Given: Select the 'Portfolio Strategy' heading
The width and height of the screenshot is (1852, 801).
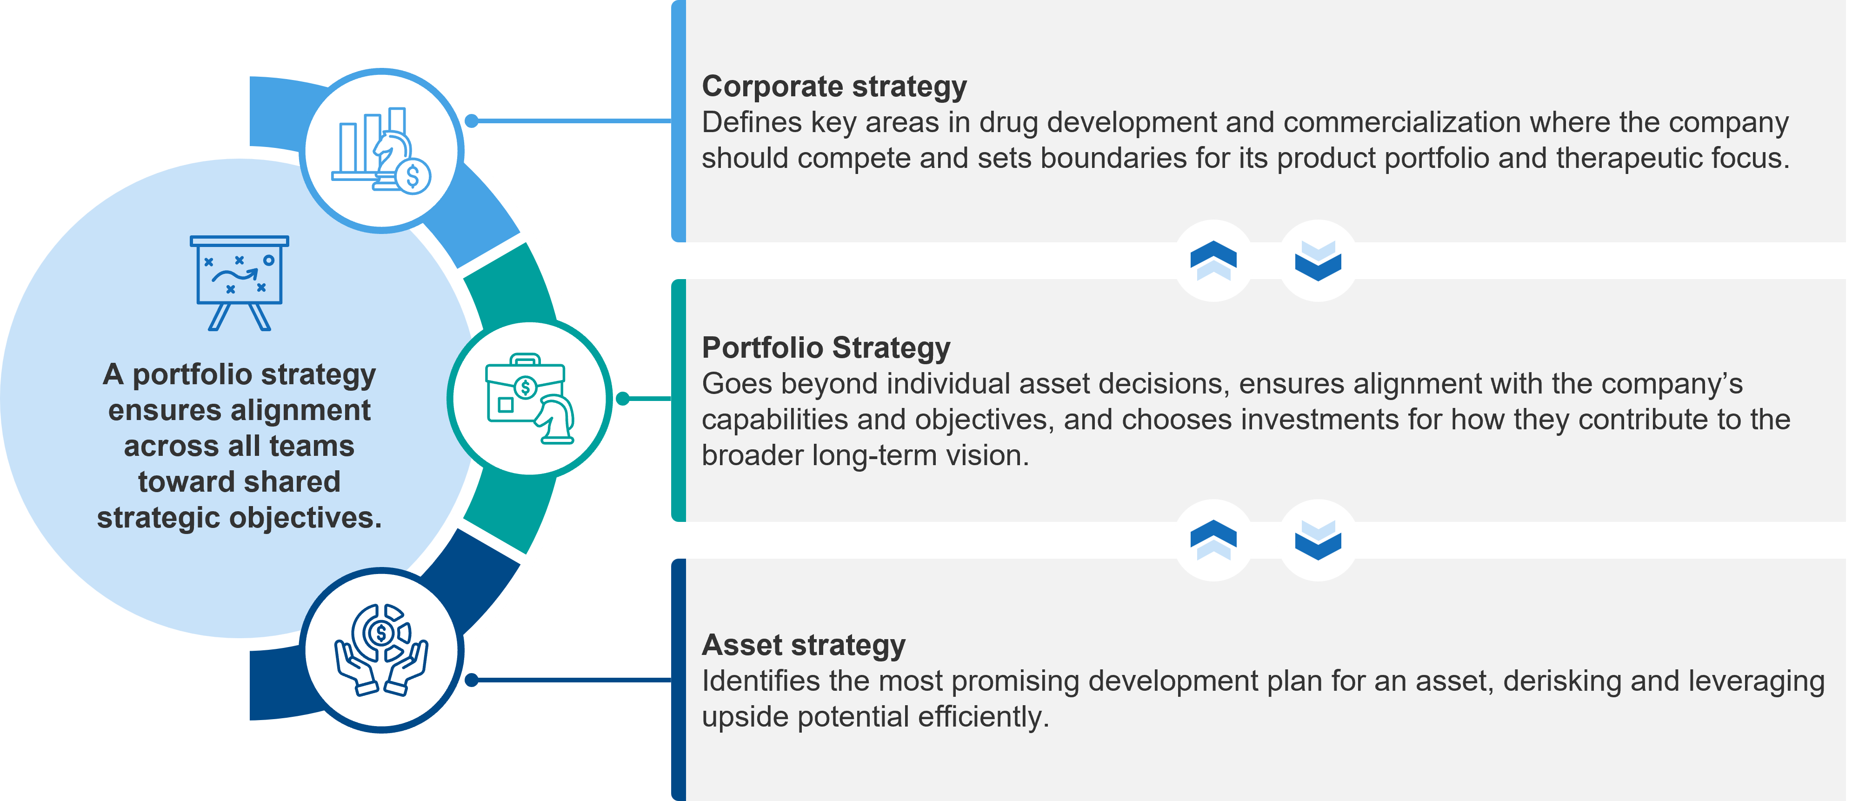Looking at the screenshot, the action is click(x=826, y=348).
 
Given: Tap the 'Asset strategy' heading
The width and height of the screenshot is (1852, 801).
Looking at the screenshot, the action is click(x=803, y=646).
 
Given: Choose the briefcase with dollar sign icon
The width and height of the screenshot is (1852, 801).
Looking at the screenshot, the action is click(x=530, y=398).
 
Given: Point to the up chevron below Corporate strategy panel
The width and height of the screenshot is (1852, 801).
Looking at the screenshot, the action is click(x=1213, y=260).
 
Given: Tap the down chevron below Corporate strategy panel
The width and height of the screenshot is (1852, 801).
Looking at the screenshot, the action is click(x=1318, y=260).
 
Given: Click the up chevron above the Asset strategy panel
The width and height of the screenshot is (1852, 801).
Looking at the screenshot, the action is click(x=1213, y=539).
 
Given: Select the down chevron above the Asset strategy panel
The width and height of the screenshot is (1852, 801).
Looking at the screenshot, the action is click(x=1318, y=539).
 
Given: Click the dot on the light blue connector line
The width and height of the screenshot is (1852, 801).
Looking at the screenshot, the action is click(x=472, y=121).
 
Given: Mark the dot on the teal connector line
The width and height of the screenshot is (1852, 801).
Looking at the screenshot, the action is click(x=623, y=398).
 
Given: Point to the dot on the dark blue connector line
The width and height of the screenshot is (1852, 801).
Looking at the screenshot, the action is click(x=472, y=680).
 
